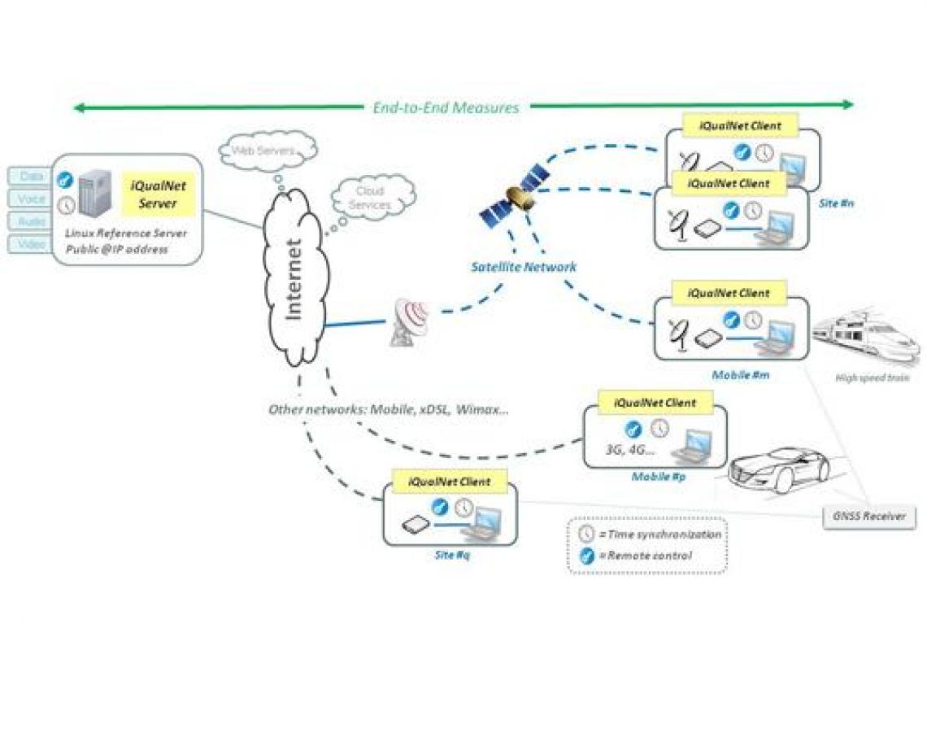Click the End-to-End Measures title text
point(445,107)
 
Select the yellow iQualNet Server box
point(158,194)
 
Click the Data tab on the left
point(30,177)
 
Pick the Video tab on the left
point(30,244)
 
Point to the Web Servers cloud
point(267,151)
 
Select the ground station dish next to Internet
point(409,321)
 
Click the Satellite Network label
point(524,267)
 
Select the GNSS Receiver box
point(869,516)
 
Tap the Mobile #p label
point(659,476)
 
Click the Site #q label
point(450,554)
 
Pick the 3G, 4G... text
point(630,448)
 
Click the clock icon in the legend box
point(586,535)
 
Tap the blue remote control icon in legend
point(586,556)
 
